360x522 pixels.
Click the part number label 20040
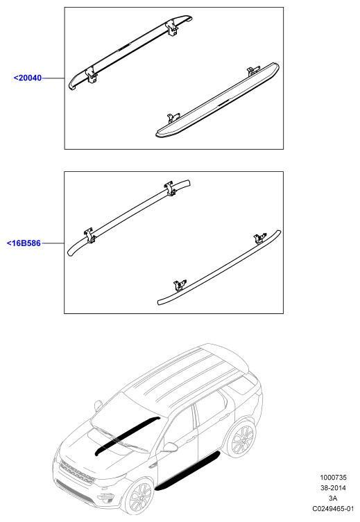pos(28,78)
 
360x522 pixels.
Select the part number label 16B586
pos(24,243)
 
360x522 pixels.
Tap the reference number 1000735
pos(334,478)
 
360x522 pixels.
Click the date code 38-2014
pos(333,488)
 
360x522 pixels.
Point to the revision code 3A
pos(333,498)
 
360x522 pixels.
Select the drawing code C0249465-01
pos(333,509)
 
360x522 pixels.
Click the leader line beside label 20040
pos(53,78)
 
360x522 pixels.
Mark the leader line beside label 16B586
pos(53,243)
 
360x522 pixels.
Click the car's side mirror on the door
pos(170,447)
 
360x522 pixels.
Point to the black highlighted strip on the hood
pos(127,435)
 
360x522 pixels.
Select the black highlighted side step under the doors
pos(187,471)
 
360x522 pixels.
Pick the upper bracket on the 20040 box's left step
pos(172,28)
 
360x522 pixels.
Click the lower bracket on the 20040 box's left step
pos(91,76)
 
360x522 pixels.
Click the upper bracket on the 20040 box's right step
pos(252,71)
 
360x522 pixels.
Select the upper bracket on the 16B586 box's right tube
pos(259,238)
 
